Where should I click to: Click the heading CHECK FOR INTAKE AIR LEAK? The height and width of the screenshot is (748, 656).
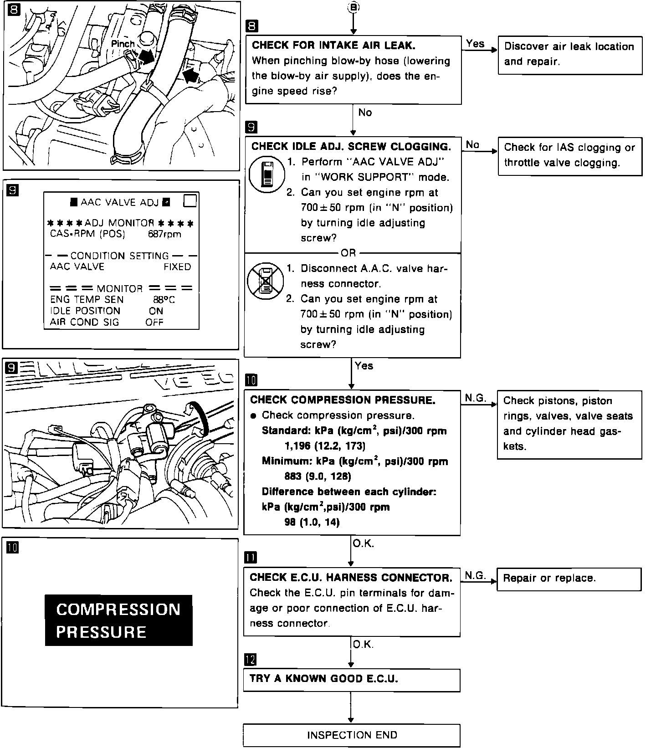click(333, 46)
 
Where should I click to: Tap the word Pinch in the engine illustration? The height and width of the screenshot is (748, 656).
click(123, 44)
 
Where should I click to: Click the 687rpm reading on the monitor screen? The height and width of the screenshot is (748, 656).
click(164, 234)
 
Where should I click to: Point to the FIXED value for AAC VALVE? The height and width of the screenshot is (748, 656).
click(177, 267)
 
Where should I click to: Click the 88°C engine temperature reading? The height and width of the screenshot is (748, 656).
click(164, 300)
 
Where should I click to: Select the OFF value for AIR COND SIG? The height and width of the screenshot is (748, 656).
click(154, 322)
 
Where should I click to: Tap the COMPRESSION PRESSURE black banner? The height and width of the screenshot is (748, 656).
click(118, 620)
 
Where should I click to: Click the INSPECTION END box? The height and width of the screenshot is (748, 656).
click(352, 735)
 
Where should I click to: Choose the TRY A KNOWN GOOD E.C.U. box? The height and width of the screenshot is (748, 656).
click(352, 680)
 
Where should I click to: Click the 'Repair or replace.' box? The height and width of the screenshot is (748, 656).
click(569, 579)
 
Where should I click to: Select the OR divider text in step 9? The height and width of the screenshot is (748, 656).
click(348, 253)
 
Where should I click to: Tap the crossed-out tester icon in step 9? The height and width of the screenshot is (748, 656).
click(265, 281)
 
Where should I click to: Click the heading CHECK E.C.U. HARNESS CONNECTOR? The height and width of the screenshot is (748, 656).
click(351, 578)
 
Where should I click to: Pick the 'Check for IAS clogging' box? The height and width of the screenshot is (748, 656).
click(569, 156)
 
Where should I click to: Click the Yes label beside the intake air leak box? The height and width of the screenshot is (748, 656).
click(475, 44)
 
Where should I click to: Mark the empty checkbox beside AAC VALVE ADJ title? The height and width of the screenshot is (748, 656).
click(190, 200)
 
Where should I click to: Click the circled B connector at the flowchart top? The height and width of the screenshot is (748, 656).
click(353, 7)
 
